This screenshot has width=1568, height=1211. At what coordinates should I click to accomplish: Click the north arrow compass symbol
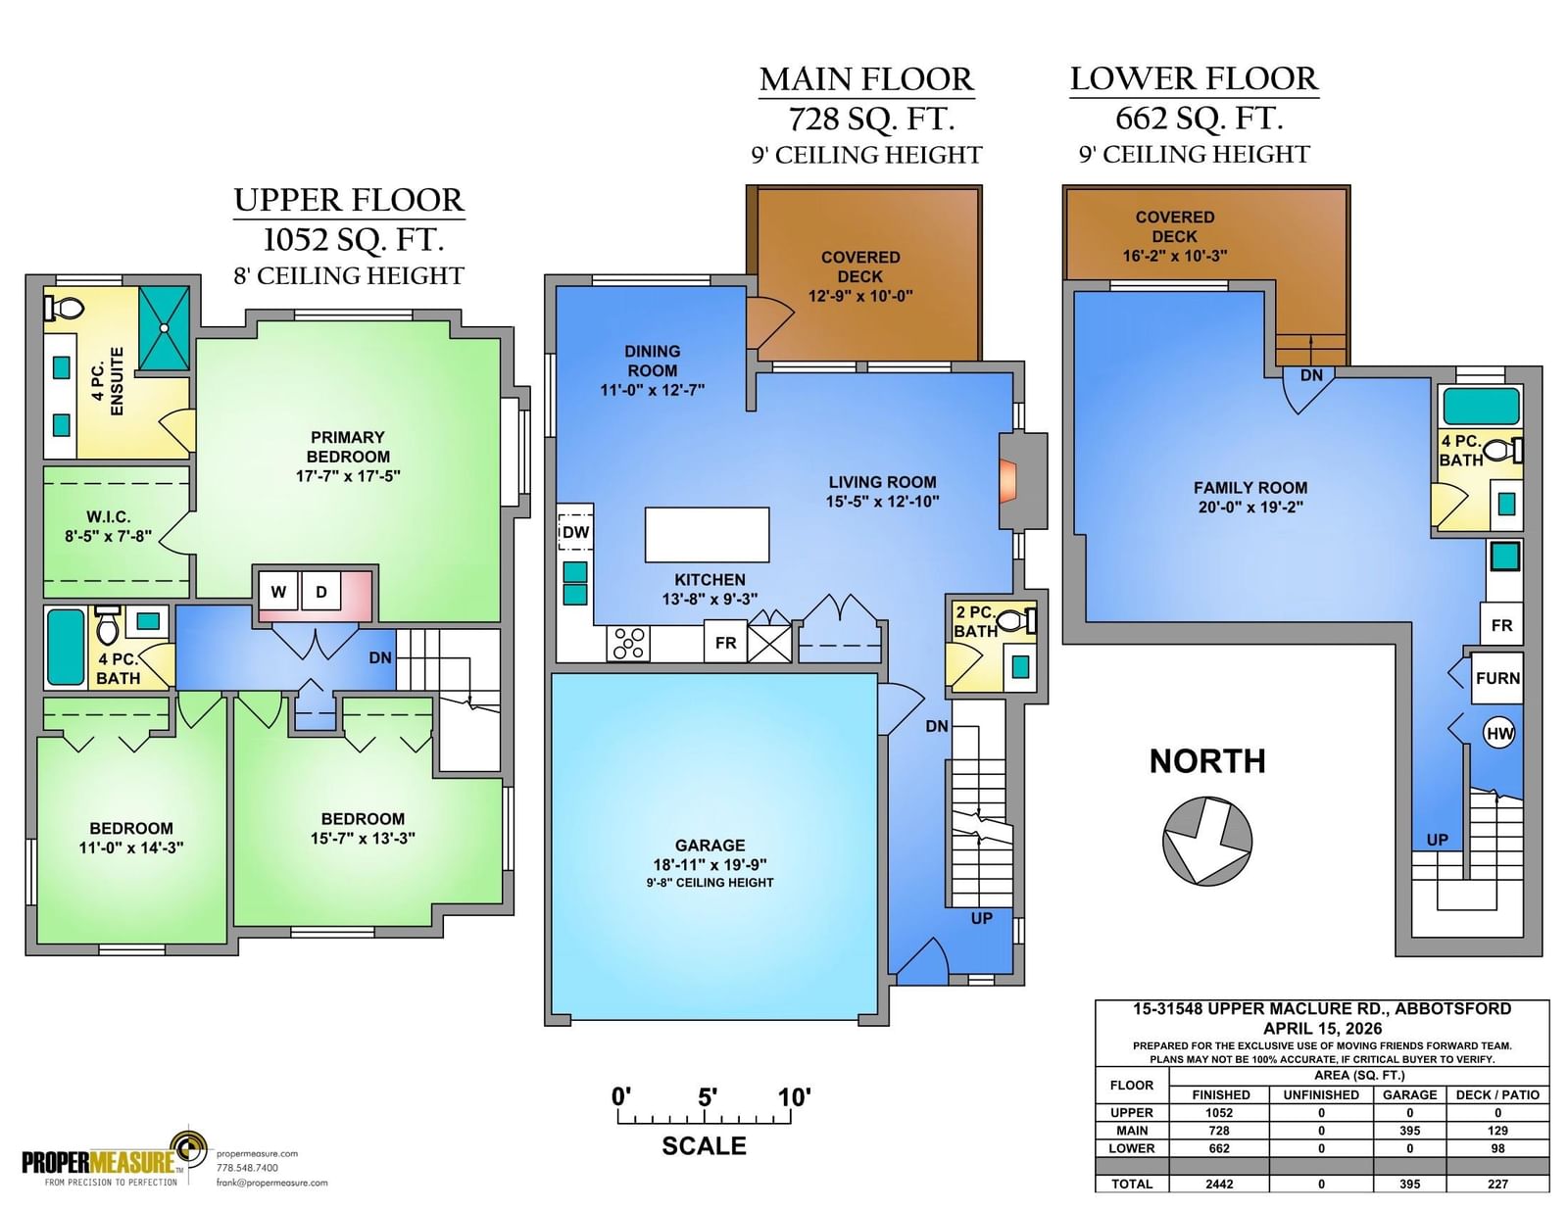coord(1207,841)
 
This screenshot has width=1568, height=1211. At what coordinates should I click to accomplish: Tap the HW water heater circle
coord(1499,734)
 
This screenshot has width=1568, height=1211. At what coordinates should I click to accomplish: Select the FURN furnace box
coord(1497,678)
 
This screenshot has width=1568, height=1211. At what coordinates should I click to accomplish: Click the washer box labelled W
coord(278,592)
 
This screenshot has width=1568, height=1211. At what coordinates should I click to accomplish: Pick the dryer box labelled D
coord(321,592)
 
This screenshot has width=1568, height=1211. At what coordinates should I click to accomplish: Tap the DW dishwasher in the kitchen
coord(575,532)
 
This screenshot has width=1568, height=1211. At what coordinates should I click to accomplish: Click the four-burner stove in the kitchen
coord(628,644)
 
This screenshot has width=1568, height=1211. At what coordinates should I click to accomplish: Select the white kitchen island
coord(707,534)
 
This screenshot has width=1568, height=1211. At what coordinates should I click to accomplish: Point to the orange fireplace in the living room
coord(1007,481)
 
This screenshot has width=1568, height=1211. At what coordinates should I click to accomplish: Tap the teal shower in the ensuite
coord(165,328)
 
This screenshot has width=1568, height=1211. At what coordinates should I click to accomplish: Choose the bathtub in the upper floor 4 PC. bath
coord(66,647)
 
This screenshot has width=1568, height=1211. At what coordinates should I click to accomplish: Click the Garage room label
coord(710,845)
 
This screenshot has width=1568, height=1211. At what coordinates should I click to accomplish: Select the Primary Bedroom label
coord(348,447)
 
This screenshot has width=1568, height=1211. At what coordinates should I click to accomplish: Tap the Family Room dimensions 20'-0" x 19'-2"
coord(1250,508)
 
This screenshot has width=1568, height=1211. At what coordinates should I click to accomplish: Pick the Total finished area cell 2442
coord(1219,1184)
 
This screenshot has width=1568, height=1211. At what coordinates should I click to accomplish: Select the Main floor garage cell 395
coord(1409,1131)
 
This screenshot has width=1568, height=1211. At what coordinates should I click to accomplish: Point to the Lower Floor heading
coord(1195,79)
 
